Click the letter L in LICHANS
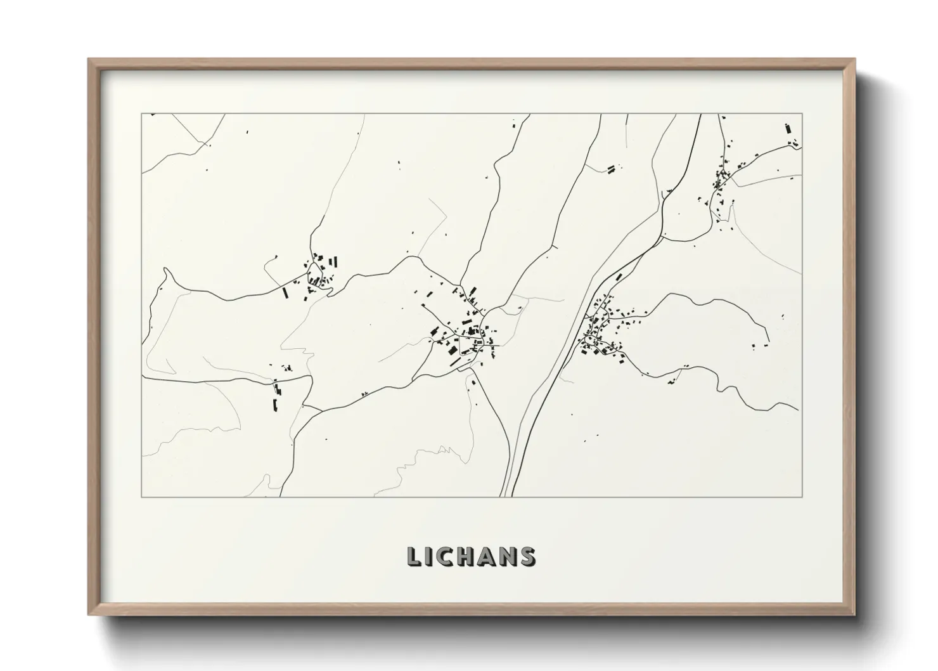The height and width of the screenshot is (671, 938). pos(414,556)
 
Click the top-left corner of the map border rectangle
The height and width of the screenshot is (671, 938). pos(142,114)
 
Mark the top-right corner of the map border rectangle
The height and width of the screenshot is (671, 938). pos(802,114)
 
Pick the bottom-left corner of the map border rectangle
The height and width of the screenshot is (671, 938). pos(142,497)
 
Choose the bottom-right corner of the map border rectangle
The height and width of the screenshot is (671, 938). pos(802,497)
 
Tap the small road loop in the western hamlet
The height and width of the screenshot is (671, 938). pos(314,277)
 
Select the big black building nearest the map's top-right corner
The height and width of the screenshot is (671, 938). pos(788,129)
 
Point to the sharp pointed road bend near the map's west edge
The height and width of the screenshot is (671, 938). pos(166,270)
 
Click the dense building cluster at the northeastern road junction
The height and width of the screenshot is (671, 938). pos(722,175)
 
